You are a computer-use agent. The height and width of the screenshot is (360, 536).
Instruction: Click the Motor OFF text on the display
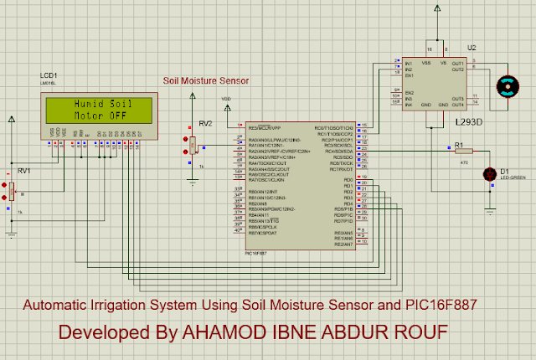99,116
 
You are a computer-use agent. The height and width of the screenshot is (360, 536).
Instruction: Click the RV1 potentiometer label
23,171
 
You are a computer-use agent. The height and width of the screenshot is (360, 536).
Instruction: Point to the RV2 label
206,123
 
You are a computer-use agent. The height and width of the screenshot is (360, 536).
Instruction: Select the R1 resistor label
459,144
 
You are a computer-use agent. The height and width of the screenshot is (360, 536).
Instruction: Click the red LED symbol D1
489,173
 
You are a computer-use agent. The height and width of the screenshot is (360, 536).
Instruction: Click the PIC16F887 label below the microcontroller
256,253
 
